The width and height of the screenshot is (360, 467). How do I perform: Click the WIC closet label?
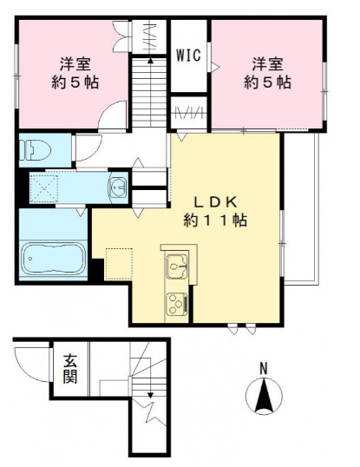click(x=188, y=56)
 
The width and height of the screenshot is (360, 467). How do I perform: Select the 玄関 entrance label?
click(x=69, y=369)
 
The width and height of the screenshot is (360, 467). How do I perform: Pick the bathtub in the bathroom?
click(x=52, y=258)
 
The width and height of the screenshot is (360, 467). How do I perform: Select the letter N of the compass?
click(x=265, y=368)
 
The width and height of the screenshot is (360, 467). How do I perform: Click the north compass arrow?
click(x=265, y=398)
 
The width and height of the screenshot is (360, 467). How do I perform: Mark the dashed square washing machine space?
click(x=46, y=185)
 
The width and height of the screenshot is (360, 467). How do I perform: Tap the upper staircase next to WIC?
click(x=150, y=87)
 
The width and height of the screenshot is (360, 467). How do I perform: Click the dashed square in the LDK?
click(x=119, y=260)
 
